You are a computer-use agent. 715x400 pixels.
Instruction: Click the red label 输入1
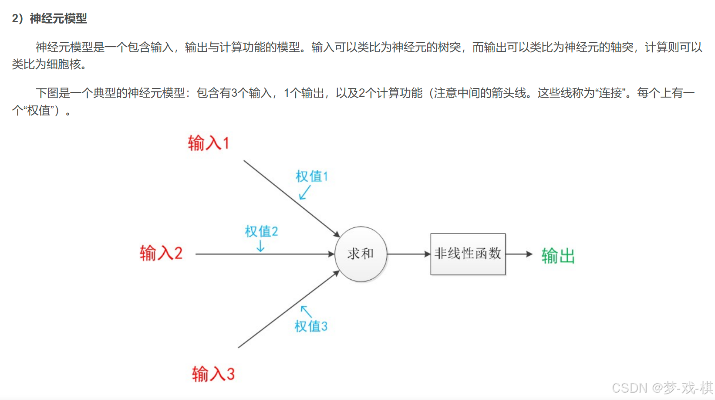pos(208,143)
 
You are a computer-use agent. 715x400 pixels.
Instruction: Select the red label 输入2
pos(161,253)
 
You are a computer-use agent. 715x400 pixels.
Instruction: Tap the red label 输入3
pos(213,374)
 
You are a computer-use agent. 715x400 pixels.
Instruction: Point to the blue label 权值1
pos(311,176)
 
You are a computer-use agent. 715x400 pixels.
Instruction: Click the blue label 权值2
pos(261,231)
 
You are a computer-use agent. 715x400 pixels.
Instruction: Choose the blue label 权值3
pos(310,326)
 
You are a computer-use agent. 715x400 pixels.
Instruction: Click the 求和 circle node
pos(361,254)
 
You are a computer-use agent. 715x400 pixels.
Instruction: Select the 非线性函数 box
pos(468,254)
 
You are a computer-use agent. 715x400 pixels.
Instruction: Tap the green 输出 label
pos(558,256)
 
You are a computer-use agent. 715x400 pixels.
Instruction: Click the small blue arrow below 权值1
pos(305,192)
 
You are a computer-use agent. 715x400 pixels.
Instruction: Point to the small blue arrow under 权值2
pos(260,247)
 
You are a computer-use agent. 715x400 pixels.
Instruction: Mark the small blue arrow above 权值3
pos(306,311)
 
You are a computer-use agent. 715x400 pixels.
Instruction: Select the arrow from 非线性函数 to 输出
pos(519,254)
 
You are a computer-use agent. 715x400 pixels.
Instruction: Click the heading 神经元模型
pos(58,18)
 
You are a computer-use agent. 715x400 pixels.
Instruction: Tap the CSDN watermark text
pos(662,387)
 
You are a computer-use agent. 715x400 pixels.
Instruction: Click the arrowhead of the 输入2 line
pos(331,254)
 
